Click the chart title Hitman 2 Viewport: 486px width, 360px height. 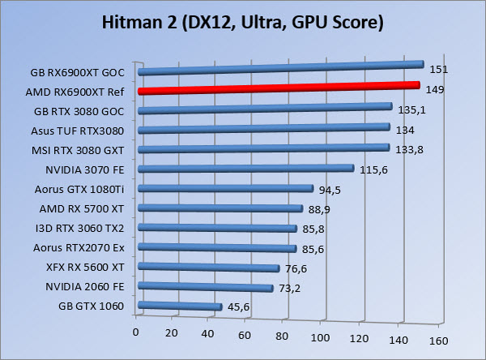[x=243, y=22]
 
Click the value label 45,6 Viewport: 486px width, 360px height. [x=237, y=307]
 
